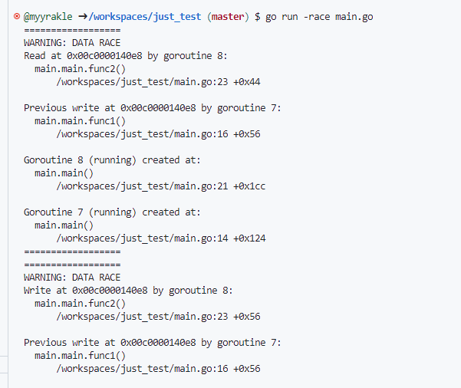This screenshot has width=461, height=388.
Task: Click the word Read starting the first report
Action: [35, 55]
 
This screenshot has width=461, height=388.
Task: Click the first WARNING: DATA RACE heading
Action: [72, 42]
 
